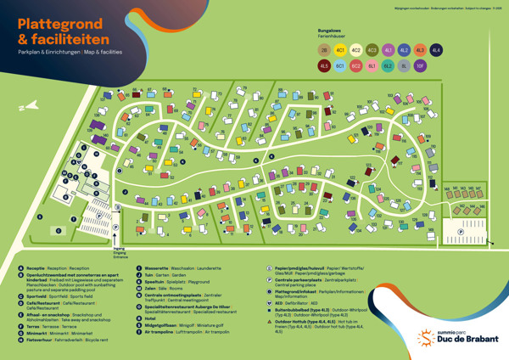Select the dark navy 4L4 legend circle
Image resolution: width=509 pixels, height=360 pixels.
(x=436, y=51)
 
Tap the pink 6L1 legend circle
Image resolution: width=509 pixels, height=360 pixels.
(x=372, y=65)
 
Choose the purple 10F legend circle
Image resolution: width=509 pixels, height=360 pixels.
(x=420, y=65)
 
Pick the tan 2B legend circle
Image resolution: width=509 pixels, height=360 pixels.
(x=323, y=51)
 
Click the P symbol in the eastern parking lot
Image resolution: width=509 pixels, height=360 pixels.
(x=461, y=230)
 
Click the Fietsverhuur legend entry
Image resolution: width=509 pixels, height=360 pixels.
(x=42, y=340)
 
